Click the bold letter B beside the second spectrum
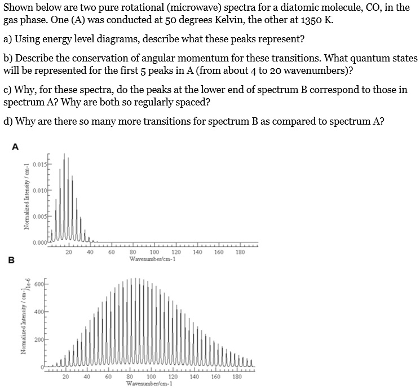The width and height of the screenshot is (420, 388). click(x=11, y=261)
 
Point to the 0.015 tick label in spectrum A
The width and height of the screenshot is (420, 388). click(x=39, y=165)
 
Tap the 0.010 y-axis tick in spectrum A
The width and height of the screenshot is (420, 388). click(x=39, y=191)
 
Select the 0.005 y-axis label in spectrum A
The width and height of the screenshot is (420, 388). click(x=39, y=217)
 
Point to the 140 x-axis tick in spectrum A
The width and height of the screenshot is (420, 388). click(x=197, y=253)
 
